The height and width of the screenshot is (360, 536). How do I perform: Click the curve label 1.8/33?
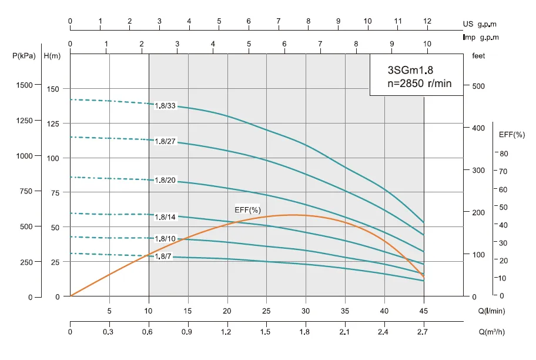click(165, 106)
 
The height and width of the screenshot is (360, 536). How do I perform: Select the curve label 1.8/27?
click(165, 142)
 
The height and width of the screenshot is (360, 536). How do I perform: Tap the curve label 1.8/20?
click(165, 180)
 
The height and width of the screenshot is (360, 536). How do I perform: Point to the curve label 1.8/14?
click(165, 217)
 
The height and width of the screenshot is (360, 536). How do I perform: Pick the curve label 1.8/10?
click(165, 238)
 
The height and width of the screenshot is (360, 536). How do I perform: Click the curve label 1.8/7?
click(163, 256)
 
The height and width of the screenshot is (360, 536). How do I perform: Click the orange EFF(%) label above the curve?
click(247, 210)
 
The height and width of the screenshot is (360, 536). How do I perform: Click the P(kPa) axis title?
click(24, 56)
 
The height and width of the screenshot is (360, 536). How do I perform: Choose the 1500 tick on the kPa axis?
click(25, 85)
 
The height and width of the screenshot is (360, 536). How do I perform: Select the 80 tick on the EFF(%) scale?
click(504, 154)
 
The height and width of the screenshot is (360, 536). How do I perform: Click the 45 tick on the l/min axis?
click(424, 310)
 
